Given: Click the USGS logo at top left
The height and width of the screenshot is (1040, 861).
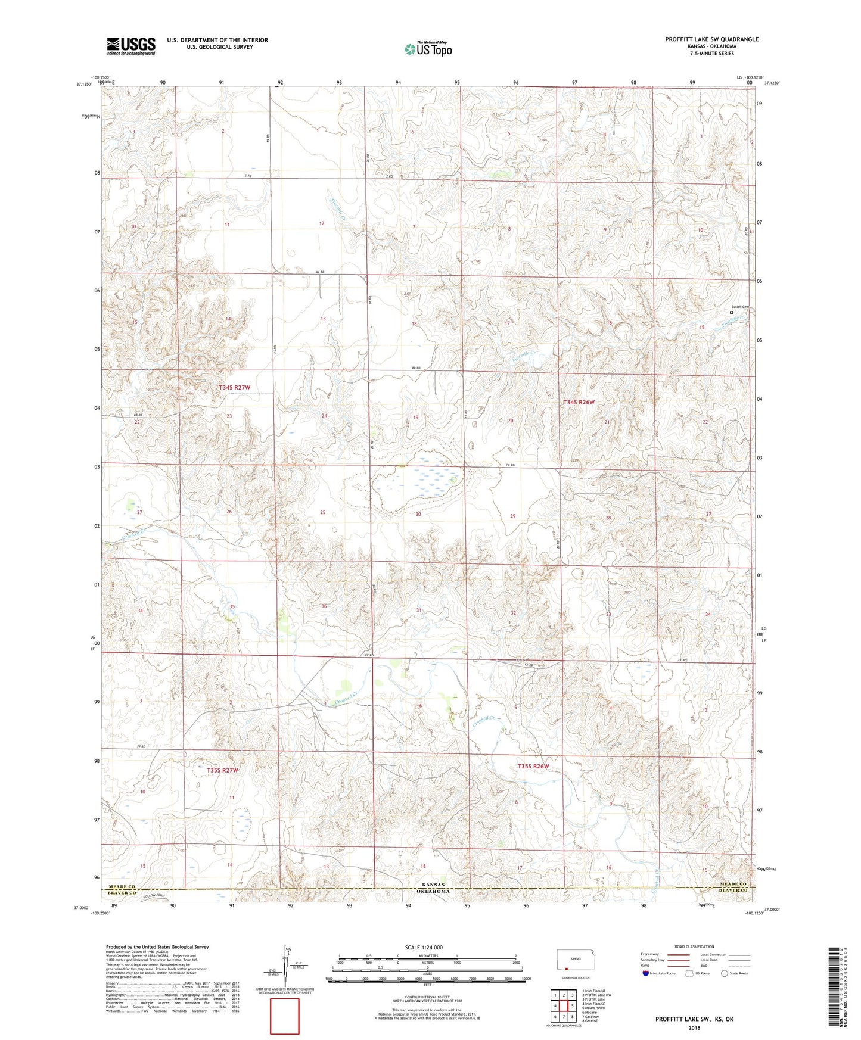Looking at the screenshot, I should point(131,46).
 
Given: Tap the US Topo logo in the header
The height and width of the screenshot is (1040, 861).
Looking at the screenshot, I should point(428,49).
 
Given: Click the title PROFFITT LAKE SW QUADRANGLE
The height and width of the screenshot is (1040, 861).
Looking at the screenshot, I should point(711,39).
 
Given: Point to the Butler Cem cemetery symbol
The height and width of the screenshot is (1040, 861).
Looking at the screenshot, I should point(731,312).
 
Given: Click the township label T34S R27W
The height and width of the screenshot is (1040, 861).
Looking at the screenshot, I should point(234,388).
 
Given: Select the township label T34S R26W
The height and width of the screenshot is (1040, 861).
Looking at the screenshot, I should point(579,403).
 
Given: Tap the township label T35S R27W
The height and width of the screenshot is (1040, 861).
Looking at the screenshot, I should point(222,770).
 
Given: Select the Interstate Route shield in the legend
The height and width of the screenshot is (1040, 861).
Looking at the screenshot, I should point(646,973).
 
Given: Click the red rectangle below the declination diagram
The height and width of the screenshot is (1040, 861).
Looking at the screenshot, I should point(285,1016).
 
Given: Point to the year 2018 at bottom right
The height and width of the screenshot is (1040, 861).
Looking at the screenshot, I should point(694,1027).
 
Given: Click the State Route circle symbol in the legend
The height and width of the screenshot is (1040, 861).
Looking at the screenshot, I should point(725,973).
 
